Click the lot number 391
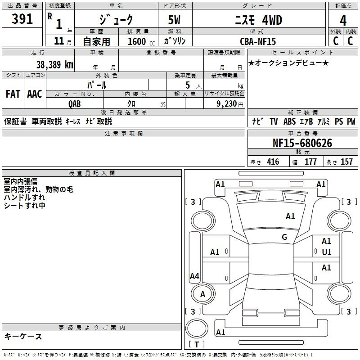[22, 19]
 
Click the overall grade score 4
[343, 21]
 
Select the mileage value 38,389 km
[54, 65]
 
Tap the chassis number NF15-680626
[302, 143]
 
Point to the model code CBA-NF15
[258, 41]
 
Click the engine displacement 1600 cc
[141, 41]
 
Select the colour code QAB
[75, 104]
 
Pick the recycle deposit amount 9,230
[227, 103]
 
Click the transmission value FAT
[13, 94]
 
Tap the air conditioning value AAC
[35, 94]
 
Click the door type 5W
[174, 20]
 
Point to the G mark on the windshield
[284, 237]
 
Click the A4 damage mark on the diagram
[194, 276]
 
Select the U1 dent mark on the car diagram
[327, 252]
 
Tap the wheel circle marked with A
[203, 294]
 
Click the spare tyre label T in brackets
[197, 344]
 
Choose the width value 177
[310, 162]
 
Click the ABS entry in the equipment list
[289, 121]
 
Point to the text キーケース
[23, 336]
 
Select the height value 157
[346, 162]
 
